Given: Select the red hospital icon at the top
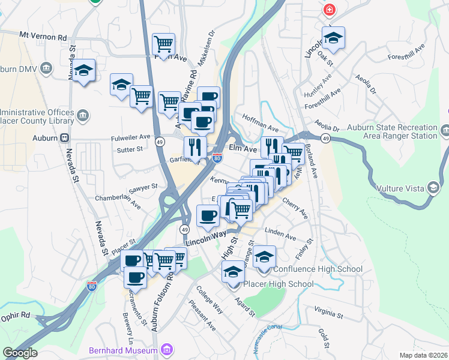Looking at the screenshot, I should pos(329,10).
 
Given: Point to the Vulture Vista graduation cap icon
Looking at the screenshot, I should pos(432,188).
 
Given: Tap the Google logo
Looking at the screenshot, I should pos(20,352).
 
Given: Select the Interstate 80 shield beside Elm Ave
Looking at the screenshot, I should pos(217,158).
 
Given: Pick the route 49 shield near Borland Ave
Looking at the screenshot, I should pos(325,139).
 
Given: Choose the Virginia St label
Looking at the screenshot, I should pos(328,313).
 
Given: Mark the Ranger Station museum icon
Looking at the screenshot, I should pos(444,130).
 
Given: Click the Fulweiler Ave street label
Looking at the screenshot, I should pos(130,137).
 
